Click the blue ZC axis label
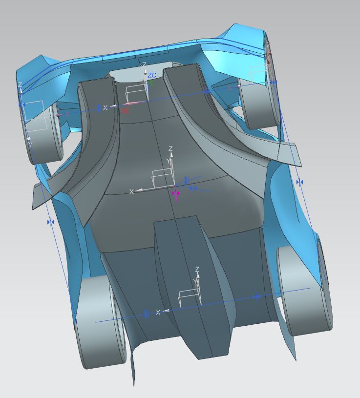[x=152, y=75]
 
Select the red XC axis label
[x=126, y=111]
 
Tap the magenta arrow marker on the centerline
[x=176, y=193]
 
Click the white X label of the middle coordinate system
[x=131, y=192]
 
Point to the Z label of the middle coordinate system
[x=170, y=148]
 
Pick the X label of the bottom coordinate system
[x=158, y=312]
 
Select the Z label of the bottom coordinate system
[x=197, y=269]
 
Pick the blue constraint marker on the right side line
[x=299, y=182]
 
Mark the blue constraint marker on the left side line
[x=50, y=222]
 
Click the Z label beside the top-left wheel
[x=20, y=85]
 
